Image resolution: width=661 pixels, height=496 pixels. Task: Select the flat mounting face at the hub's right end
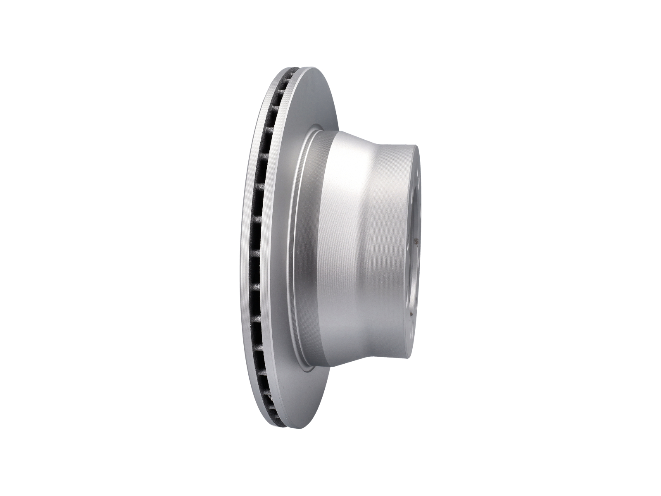(x=413, y=248)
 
